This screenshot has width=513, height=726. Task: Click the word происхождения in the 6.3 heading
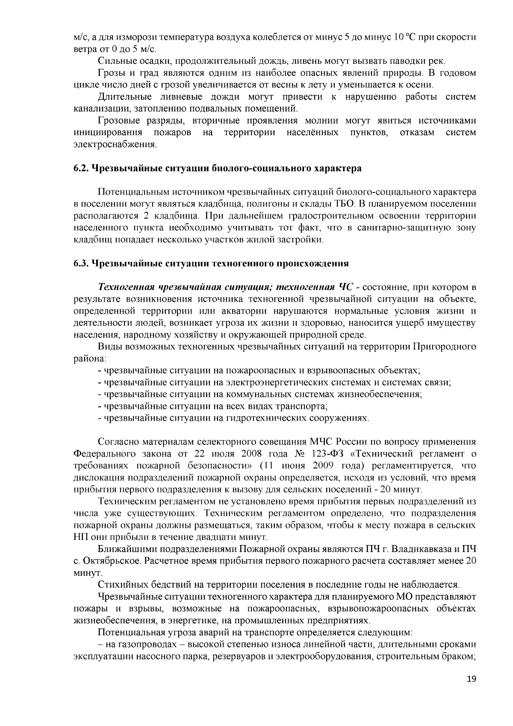click(315, 264)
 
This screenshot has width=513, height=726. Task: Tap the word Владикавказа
click(417, 548)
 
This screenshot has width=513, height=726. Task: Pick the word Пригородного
click(444, 346)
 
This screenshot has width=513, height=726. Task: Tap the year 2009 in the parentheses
click(313, 465)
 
